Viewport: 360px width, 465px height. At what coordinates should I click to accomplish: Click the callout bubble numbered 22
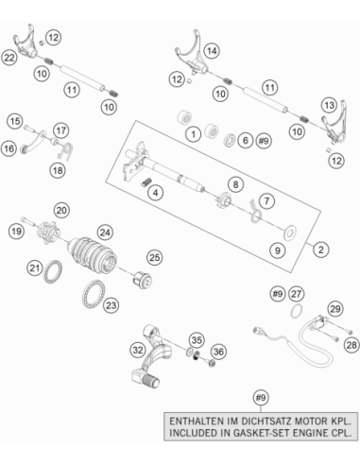pyautogui.click(x=9, y=58)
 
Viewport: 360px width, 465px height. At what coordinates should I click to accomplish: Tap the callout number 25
pyautogui.click(x=155, y=257)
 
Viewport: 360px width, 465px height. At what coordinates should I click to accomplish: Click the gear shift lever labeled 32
pyautogui.click(x=151, y=357)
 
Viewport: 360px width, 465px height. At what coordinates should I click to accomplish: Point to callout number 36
pyautogui.click(x=218, y=352)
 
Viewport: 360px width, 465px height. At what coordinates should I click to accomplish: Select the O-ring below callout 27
pyautogui.click(x=297, y=311)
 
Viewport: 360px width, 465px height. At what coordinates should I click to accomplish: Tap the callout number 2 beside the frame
pyautogui.click(x=321, y=250)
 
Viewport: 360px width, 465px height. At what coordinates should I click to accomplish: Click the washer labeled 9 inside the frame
pyautogui.click(x=290, y=232)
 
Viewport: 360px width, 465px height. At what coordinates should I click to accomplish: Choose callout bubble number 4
pyautogui.click(x=156, y=192)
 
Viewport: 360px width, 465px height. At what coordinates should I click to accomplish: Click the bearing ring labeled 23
pyautogui.click(x=94, y=295)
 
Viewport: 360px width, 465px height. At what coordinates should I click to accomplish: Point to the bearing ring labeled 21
pyautogui.click(x=53, y=271)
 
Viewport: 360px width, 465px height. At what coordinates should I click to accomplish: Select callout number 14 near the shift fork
pyautogui.click(x=212, y=51)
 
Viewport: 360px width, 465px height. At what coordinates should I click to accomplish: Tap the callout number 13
pyautogui.click(x=330, y=105)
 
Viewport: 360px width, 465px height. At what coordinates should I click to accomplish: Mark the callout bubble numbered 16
pyautogui.click(x=9, y=148)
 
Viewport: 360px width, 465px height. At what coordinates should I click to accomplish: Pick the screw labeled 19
pyautogui.click(x=28, y=221)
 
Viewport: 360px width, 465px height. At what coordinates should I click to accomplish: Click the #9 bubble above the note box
pyautogui.click(x=261, y=398)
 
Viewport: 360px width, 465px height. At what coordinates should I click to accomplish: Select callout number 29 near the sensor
pyautogui.click(x=335, y=309)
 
